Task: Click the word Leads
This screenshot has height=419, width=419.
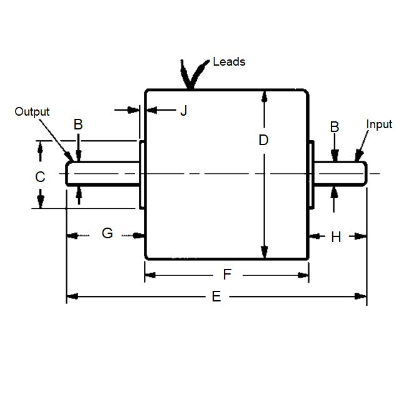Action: point(229,61)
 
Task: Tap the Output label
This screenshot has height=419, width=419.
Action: point(32,111)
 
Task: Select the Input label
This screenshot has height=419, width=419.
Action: point(379,124)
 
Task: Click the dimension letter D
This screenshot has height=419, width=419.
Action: point(263,140)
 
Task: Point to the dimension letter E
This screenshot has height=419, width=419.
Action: point(216,296)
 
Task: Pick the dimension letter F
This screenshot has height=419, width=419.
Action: point(227,274)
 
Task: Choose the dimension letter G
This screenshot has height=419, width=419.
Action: point(107,233)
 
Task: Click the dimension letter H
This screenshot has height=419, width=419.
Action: point(336,237)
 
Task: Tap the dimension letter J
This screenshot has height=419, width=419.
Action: point(183,111)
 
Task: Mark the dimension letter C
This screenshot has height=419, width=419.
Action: point(40,177)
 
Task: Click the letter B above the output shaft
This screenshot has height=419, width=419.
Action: point(78,124)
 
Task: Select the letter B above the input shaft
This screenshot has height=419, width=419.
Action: point(335,127)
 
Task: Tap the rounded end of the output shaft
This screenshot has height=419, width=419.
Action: point(69,173)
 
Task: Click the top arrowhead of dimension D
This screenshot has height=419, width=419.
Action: point(265,96)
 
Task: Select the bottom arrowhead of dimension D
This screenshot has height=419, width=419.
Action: point(265,253)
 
